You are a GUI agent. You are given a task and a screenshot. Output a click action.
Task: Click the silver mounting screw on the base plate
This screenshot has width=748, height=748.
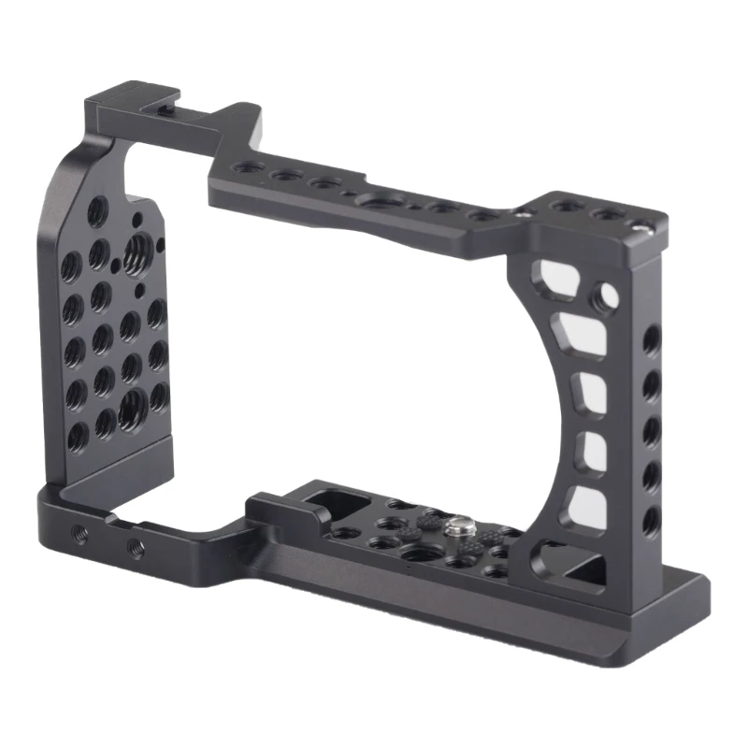[x=461, y=530]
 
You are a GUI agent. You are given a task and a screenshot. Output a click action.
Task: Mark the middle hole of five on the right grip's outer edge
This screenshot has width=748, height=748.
[x=652, y=429]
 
